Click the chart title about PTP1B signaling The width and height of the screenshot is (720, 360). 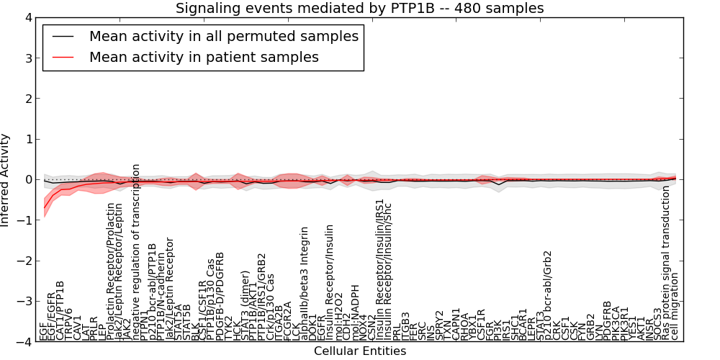360,8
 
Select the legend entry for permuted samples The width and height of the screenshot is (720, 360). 223,36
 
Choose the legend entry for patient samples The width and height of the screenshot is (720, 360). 204,56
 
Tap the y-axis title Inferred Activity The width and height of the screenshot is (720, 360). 6,180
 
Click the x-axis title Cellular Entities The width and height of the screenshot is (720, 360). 360,351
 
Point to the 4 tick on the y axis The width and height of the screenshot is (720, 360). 28,17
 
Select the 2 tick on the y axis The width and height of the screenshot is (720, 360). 28,99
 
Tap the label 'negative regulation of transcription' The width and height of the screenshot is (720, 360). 135,252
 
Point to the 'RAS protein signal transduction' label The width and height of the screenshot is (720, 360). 666,263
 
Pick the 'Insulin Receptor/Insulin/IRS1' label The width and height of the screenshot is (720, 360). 379,269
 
